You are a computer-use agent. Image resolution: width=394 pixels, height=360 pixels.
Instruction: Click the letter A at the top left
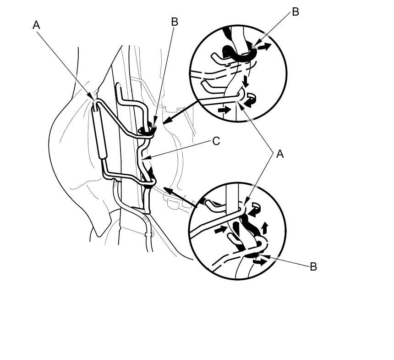[37, 25]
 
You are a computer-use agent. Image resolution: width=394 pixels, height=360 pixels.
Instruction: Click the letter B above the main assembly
[174, 22]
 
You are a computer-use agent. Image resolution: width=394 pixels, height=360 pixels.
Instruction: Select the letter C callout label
[216, 141]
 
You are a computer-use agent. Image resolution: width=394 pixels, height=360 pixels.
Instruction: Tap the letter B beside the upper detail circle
[295, 12]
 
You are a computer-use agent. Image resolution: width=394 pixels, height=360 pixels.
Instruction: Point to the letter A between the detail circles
[280, 155]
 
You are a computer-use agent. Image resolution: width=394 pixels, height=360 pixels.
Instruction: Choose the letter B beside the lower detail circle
[313, 266]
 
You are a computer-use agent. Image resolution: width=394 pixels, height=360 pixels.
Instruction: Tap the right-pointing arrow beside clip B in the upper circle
[263, 46]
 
